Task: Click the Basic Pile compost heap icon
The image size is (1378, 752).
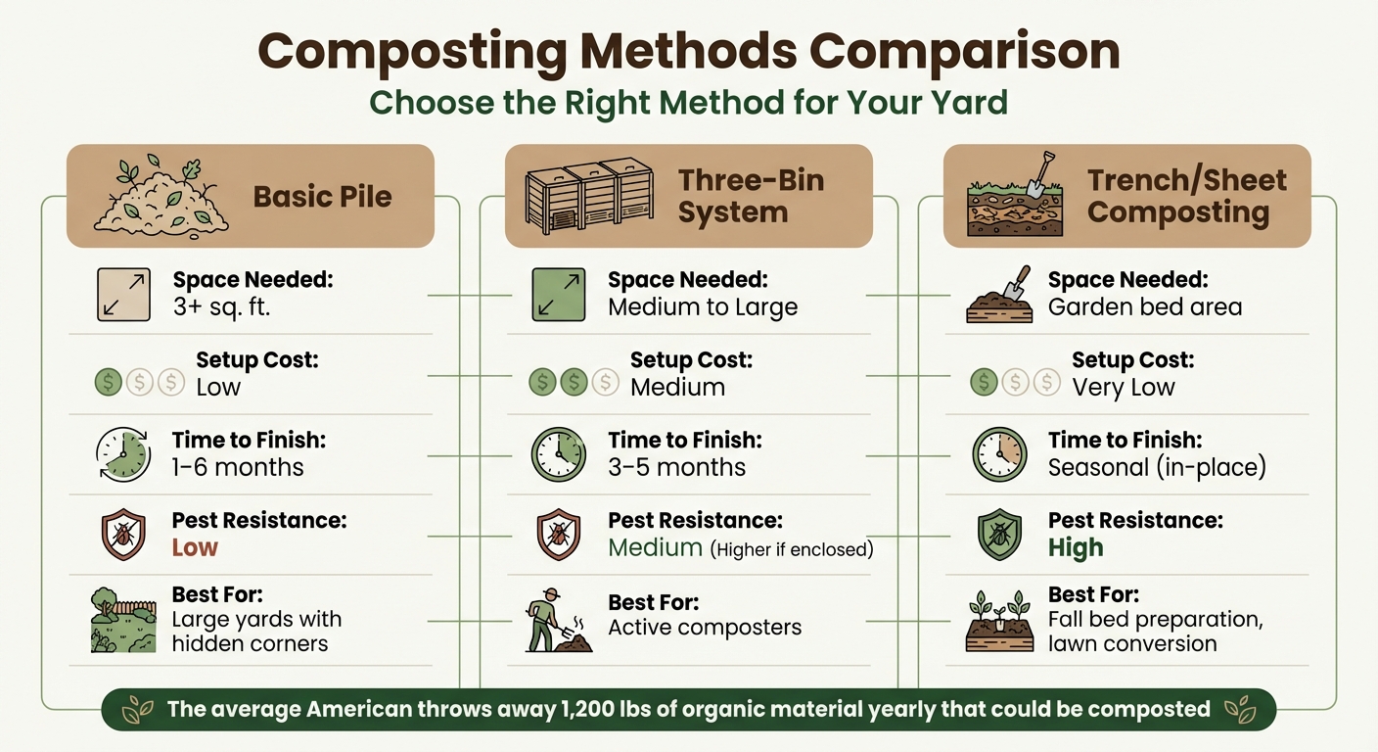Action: (161, 195)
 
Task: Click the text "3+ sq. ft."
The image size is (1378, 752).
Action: (221, 306)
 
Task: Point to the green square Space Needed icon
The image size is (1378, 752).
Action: (558, 295)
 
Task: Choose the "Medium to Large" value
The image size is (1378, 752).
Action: (703, 306)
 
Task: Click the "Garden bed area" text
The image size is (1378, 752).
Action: (1144, 306)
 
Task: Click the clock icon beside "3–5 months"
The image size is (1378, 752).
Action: (558, 454)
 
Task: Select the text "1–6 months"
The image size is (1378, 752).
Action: (238, 467)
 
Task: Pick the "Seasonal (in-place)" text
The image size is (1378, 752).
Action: (1157, 467)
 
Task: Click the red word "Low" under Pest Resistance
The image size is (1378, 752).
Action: (195, 547)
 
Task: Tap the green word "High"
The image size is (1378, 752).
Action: (1076, 547)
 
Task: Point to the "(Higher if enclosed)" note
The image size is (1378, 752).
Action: (792, 549)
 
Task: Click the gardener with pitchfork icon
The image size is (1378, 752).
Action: (557, 622)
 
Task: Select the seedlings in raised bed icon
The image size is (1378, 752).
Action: (999, 621)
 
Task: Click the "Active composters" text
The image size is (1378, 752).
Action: (705, 628)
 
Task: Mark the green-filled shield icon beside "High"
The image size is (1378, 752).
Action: (999, 536)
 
